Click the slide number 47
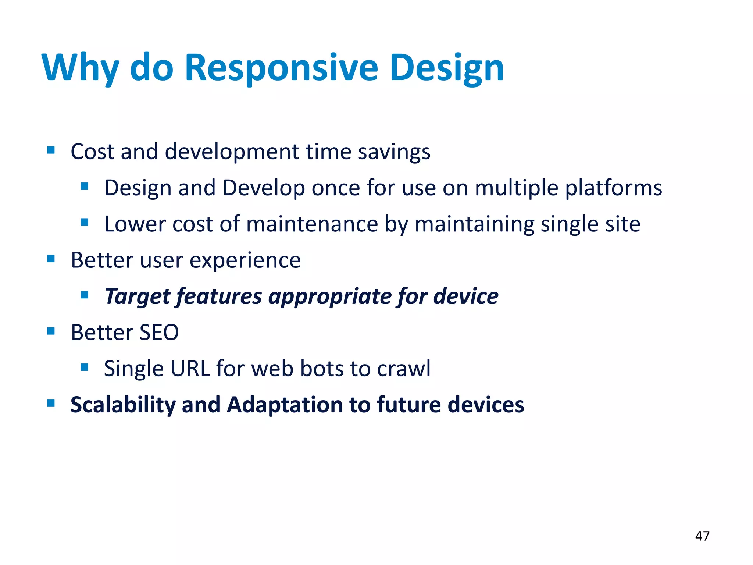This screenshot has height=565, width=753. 702,536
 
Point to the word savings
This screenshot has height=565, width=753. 394,152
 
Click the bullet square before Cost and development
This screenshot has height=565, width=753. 51,150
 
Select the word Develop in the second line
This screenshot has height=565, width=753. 263,188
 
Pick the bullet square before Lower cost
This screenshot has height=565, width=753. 85,223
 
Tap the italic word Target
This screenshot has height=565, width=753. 138,296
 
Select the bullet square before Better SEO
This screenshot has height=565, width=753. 51,331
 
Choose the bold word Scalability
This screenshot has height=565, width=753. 123,405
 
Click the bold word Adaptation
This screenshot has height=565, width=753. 285,405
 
